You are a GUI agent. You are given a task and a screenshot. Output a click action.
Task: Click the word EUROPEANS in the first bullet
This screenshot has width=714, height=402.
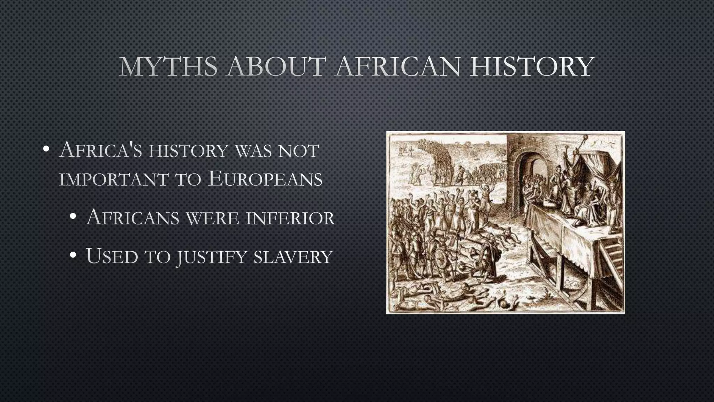point(265,179)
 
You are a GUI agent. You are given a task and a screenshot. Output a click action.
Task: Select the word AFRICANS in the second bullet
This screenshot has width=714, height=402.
point(132,217)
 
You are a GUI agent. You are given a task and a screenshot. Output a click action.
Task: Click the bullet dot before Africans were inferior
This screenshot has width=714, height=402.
point(73,217)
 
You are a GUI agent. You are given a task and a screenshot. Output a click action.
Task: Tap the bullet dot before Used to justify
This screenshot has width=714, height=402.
point(73,256)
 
